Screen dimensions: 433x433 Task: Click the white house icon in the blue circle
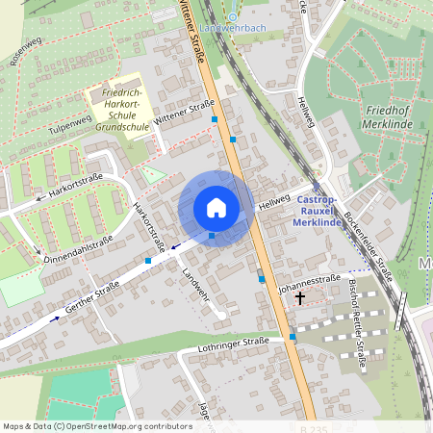click(216, 207)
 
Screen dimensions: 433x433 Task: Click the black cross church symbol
click(300, 298)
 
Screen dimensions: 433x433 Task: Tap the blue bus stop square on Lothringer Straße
click(293, 337)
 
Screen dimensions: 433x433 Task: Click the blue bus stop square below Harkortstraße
click(148, 260)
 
